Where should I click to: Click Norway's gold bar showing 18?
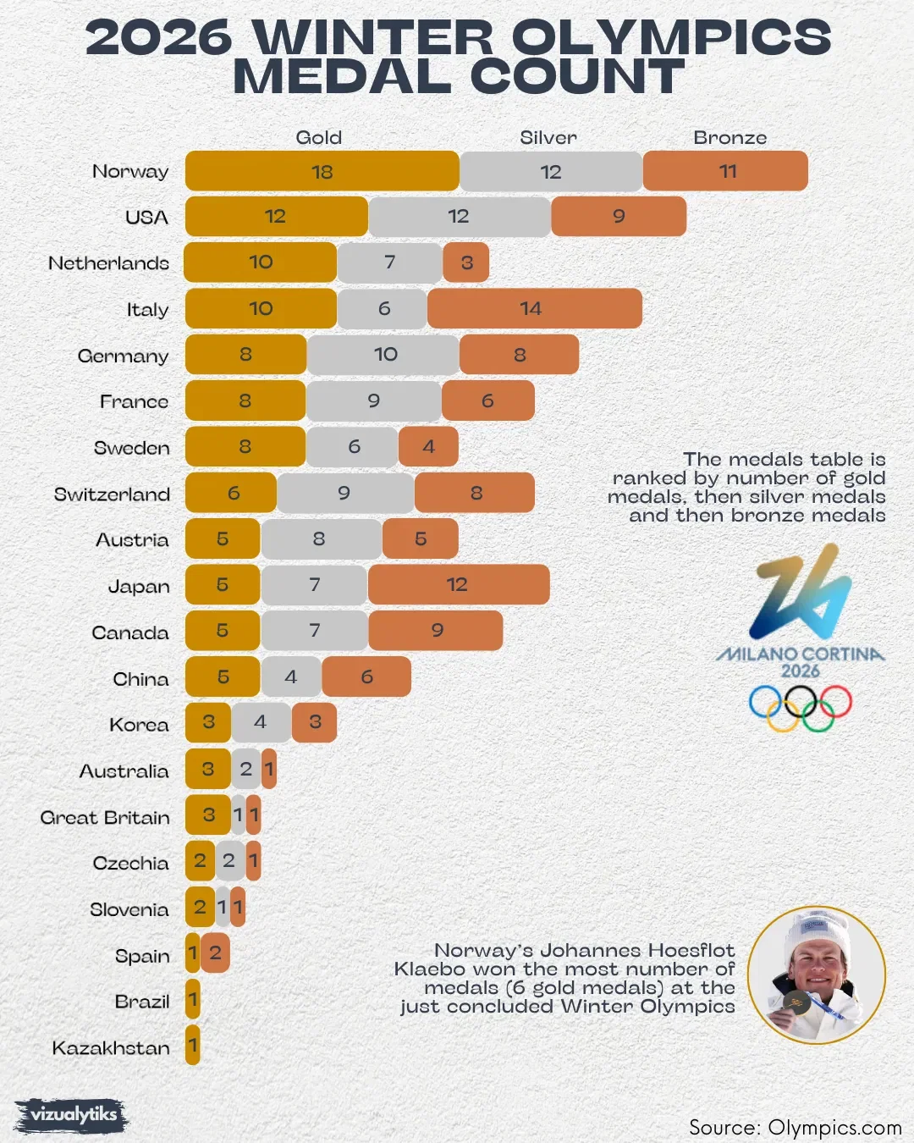(322, 171)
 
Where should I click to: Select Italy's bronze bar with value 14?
(534, 308)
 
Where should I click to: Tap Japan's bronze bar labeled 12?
(458, 584)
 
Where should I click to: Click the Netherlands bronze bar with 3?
(466, 262)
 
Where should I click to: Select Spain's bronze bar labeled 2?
(215, 953)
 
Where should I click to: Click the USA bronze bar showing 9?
(619, 217)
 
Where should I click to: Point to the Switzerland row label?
(112, 494)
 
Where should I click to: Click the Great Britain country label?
(105, 818)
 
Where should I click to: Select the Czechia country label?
(130, 864)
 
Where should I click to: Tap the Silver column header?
(548, 137)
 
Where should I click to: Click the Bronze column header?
(730, 137)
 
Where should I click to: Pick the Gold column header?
(318, 137)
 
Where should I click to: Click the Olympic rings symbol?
(800, 707)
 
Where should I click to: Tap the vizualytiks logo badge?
(72, 1115)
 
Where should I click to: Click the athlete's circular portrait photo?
(817, 975)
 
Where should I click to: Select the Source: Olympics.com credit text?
(795, 1128)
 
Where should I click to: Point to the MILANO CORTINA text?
(800, 654)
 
